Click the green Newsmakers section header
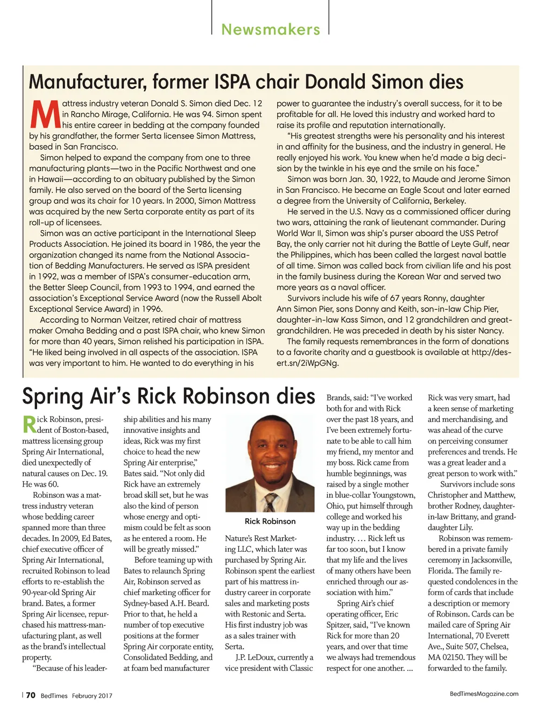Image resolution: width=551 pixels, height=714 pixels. point(271,29)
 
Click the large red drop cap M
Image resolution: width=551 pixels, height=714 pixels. point(45,114)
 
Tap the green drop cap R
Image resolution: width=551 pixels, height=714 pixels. point(29,424)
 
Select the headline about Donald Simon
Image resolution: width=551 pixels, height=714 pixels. point(246,82)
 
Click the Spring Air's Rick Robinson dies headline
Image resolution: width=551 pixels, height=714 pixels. point(168,396)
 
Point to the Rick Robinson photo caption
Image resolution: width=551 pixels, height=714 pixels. point(270,521)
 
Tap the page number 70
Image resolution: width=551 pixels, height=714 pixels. point(31,695)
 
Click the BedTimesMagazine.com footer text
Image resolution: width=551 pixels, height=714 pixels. point(484,694)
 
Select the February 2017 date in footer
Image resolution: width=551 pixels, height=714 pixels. point(92,696)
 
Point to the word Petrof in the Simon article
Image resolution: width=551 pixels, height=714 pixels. point(487,233)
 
